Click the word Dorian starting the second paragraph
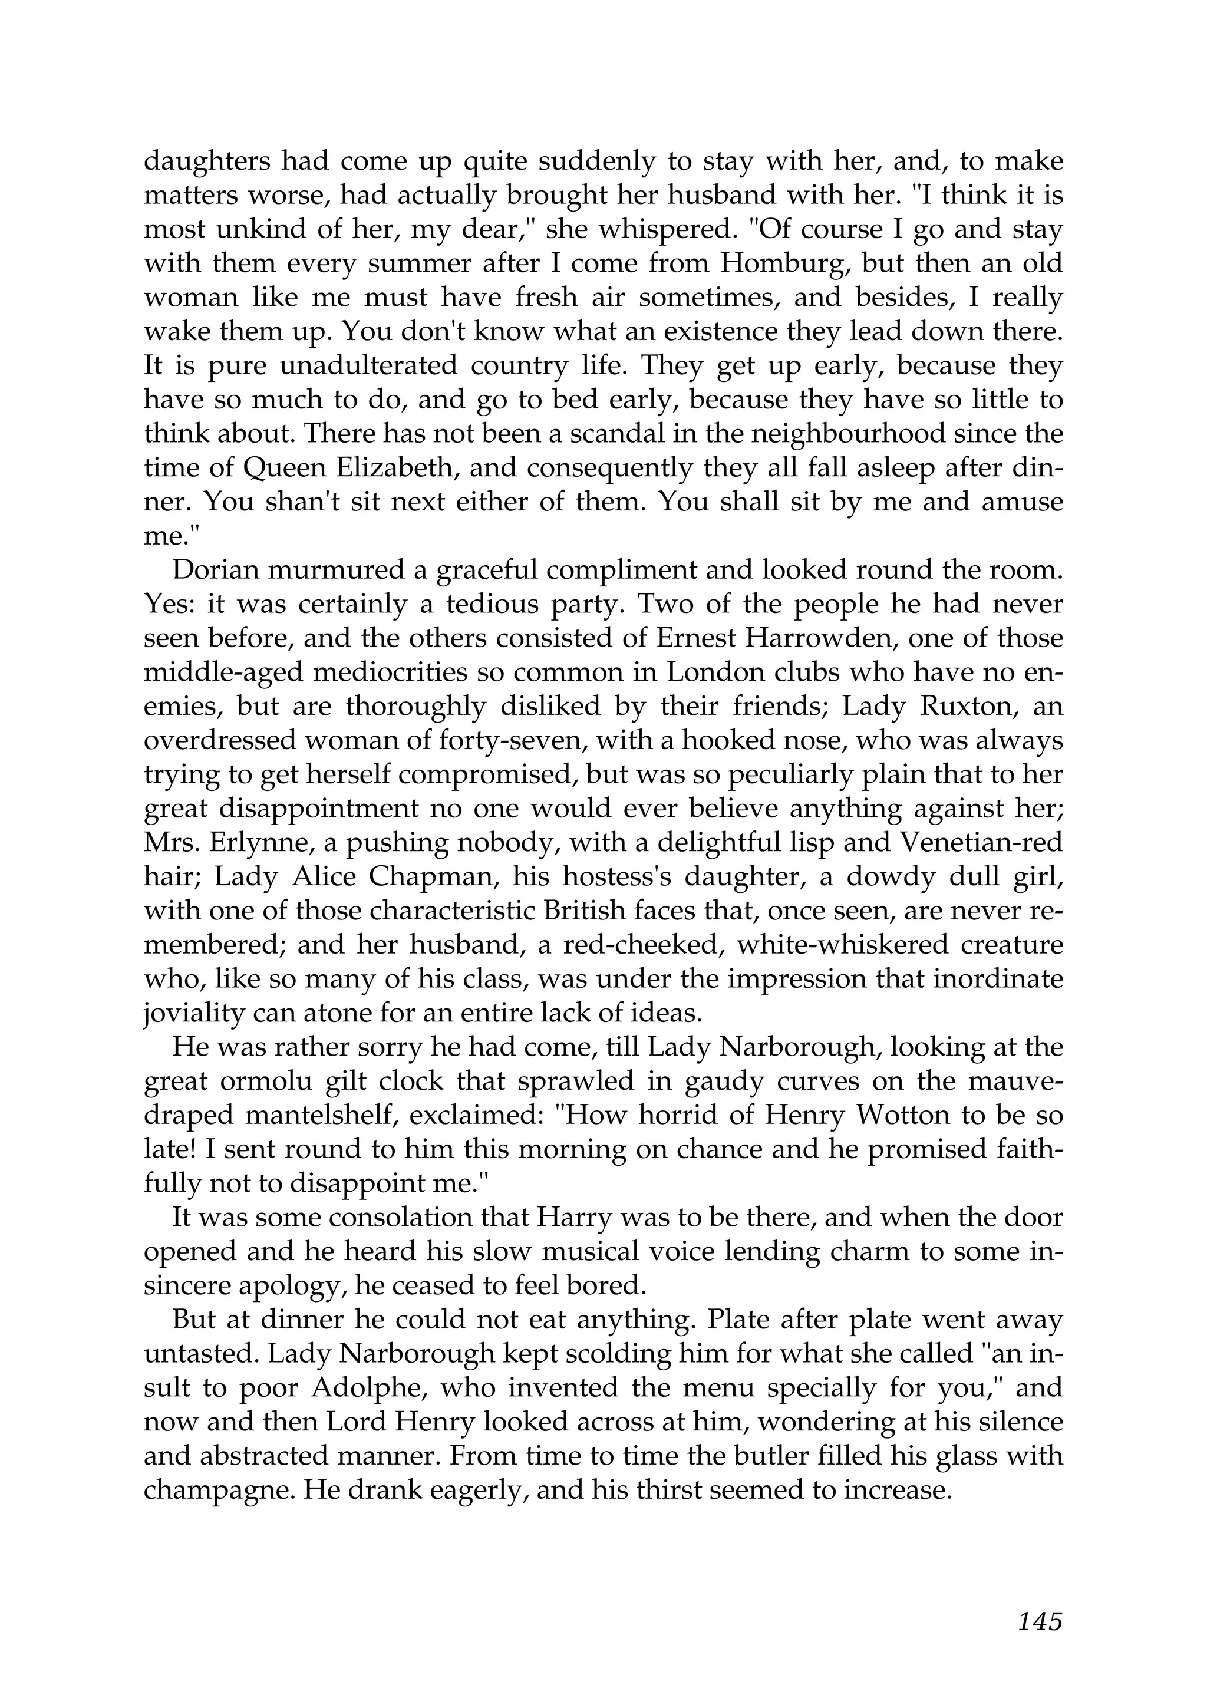tap(210, 570)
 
